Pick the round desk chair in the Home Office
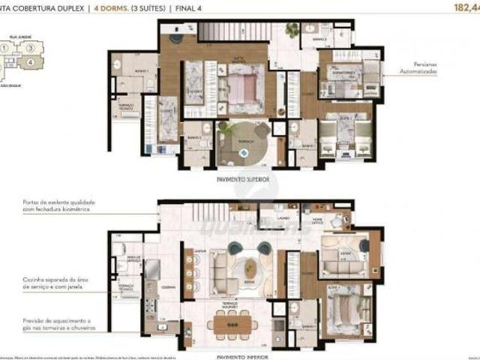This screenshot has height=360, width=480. coord(343,220)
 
